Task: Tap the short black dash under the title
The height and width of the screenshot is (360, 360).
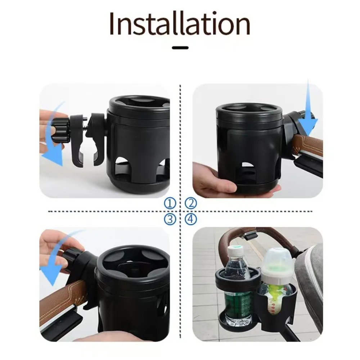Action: [x=180, y=47]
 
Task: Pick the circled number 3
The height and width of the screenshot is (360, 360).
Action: [x=170, y=219]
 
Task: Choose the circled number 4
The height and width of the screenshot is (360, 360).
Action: [x=191, y=219]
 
